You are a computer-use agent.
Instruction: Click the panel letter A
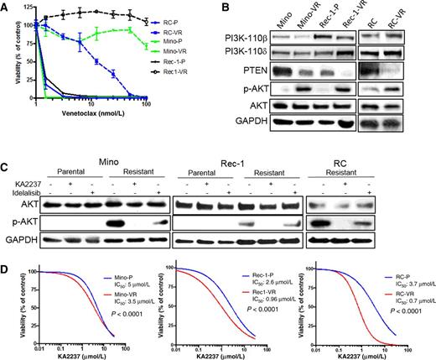pyautogui.click(x=6, y=7)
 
